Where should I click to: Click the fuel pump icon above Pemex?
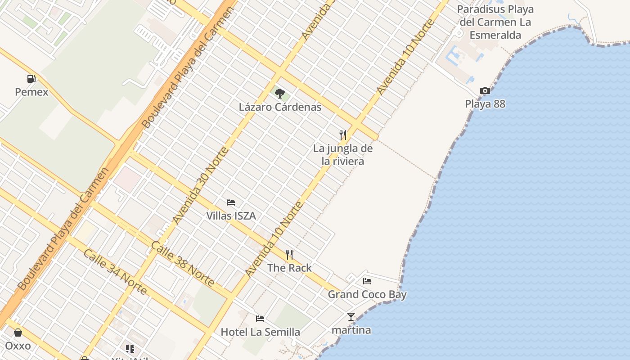pos(31,79)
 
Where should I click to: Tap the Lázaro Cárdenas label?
pos(280,107)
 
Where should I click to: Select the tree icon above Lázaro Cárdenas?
pos(280,94)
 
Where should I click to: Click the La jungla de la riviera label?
pos(343,154)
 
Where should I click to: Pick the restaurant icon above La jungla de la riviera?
pos(343,135)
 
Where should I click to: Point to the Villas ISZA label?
pos(231,216)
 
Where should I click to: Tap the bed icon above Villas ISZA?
pos(231,202)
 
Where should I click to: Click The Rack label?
pos(289,268)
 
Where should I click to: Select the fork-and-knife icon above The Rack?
pos(289,255)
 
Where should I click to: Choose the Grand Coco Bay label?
pos(367,295)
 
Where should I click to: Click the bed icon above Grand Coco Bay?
pos(367,281)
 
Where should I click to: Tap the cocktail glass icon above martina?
pos(351,317)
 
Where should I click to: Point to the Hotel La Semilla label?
pos(260,332)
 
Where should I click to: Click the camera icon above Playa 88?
pos(485,91)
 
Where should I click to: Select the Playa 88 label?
pos(485,104)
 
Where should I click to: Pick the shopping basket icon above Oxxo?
pos(18,333)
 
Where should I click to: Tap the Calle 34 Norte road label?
pos(115,272)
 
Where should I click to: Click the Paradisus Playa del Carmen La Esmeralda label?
pos(495,22)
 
